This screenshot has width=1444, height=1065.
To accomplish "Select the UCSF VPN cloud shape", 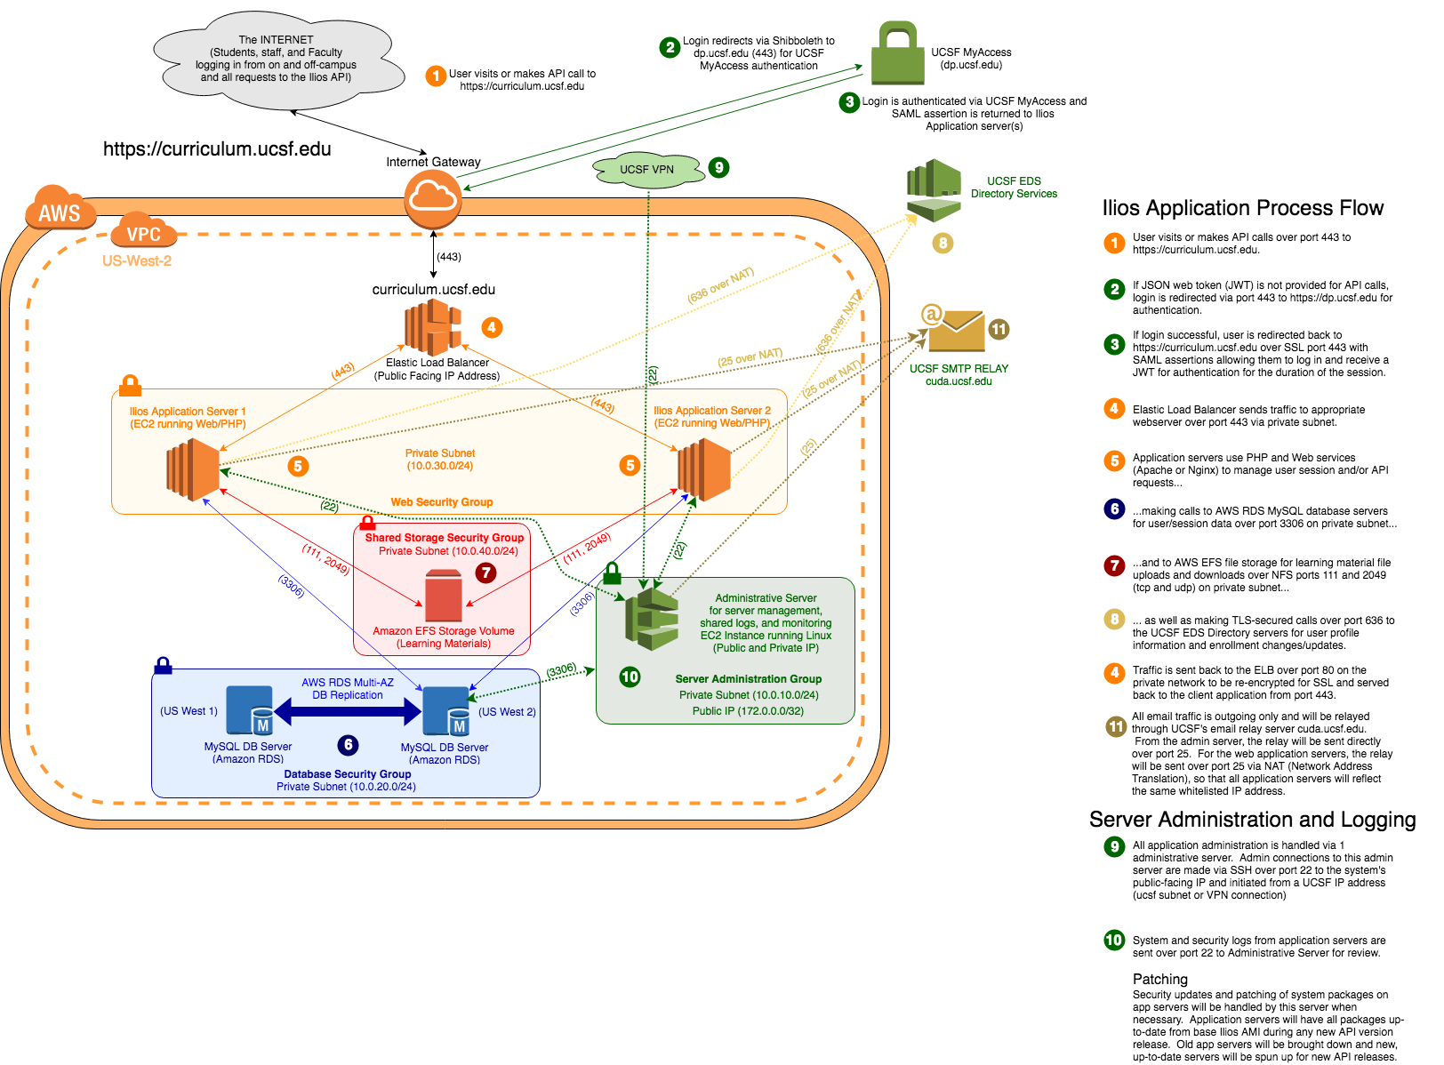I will pos(648,170).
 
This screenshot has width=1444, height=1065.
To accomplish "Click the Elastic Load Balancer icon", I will pos(434,327).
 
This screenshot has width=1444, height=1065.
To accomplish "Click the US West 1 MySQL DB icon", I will pos(250,711).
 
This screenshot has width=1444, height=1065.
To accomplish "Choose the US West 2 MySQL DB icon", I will pos(446,711).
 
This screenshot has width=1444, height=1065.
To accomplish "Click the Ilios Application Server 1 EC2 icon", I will pos(193,469).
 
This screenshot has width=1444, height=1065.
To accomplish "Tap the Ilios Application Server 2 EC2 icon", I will pos(704,469).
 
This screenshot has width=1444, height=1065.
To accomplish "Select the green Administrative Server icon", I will pos(652,618).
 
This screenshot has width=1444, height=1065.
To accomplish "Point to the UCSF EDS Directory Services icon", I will pos(934,190).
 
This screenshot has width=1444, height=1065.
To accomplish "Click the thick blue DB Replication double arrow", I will pos(348,711).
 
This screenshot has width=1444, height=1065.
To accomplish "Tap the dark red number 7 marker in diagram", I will pos(485,573).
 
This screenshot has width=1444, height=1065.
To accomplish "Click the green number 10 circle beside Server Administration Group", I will pos(630,677).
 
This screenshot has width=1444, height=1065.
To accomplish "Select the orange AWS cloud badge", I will pos(60,210).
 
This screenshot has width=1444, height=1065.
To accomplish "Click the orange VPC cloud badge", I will pos(143,232).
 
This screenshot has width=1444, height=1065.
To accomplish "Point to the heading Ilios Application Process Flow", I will pos(1243,208).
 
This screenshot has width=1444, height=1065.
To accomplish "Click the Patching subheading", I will pos(1159,979).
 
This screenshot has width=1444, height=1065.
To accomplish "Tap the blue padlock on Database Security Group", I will pos(164,665).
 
